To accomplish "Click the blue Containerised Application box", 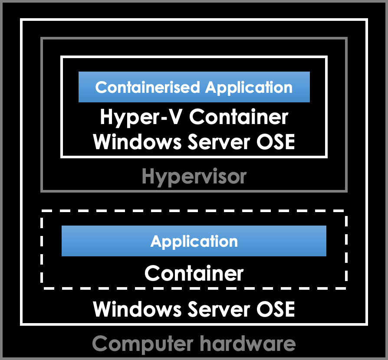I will coord(194,87).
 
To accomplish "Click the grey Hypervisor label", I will coord(194,177).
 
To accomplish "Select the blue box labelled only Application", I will coord(194,241).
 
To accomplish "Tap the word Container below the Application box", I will coord(194,273).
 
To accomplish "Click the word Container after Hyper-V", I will coord(239,117).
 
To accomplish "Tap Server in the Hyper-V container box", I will coord(217,142).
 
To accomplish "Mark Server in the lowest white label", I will coord(217,309).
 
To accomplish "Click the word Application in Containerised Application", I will coord(249,87).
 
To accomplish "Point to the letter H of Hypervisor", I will coord(148,177).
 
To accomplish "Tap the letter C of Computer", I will coord(100,344).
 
